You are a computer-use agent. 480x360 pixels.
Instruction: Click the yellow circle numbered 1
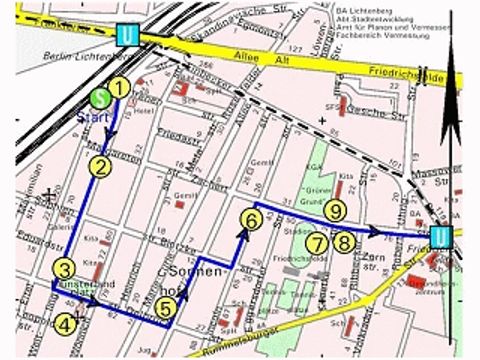(118, 87)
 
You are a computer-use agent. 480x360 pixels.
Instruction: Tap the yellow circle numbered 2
(100, 167)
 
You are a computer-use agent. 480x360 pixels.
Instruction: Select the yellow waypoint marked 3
(64, 269)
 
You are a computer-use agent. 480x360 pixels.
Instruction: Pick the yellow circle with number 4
(64, 322)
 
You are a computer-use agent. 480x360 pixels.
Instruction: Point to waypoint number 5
(167, 310)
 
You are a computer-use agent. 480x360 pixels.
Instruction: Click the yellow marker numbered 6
(252, 219)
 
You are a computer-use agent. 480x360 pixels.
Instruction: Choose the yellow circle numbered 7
(316, 242)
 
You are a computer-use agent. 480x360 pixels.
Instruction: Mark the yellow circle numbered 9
(334, 209)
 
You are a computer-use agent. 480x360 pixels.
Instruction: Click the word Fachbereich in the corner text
(400, 38)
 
